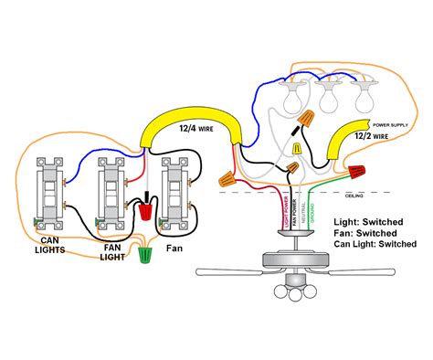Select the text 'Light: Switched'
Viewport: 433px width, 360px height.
click(x=371, y=222)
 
